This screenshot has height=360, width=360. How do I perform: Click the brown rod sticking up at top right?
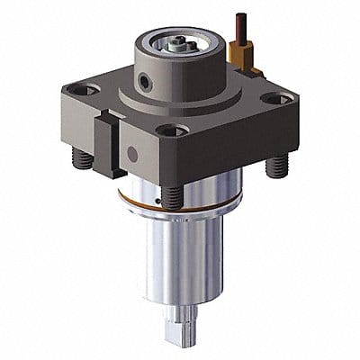coord(241,27)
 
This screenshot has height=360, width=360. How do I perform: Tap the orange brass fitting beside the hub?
coord(240,57)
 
